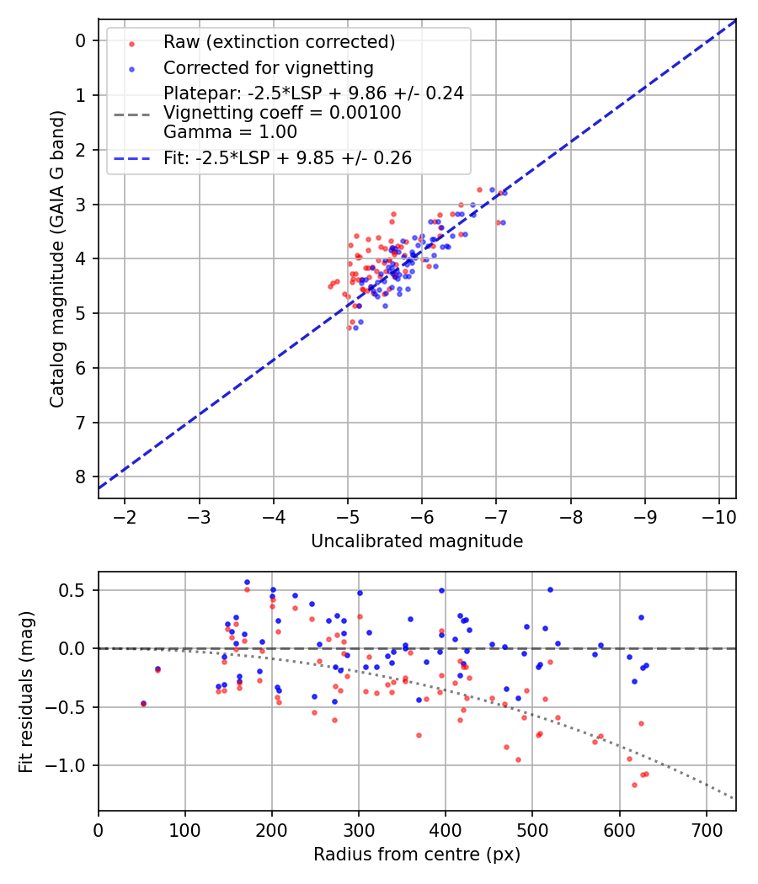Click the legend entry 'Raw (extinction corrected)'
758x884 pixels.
point(279,42)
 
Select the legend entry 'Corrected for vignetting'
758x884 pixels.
point(269,67)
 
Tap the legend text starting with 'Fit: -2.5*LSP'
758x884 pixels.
point(288,158)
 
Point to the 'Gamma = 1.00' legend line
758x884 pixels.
point(230,131)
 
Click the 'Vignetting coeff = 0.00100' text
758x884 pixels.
point(282,113)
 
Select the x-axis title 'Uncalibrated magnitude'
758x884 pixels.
point(417,541)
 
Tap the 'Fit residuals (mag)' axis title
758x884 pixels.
point(26,691)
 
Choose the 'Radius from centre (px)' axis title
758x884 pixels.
point(417,855)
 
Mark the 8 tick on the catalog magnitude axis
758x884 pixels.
point(81,477)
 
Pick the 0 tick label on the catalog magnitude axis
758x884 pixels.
point(81,40)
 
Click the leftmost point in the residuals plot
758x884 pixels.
point(143,703)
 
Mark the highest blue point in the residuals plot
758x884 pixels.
point(247,582)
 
